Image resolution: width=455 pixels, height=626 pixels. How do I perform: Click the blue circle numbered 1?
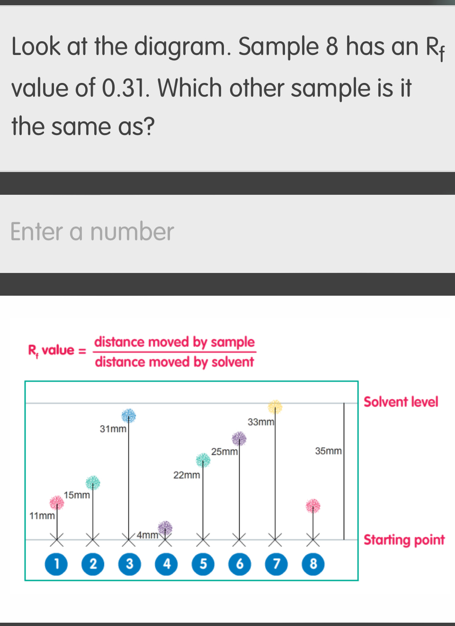click(x=56, y=564)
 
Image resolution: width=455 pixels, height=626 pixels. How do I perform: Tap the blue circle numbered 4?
click(x=166, y=564)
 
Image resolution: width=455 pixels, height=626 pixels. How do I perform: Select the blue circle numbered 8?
click(x=313, y=564)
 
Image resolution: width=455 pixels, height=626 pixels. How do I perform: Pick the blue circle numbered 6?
click(x=240, y=564)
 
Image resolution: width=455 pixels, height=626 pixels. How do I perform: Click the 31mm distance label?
click(x=113, y=429)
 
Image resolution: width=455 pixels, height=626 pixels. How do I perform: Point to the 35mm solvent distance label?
click(x=328, y=451)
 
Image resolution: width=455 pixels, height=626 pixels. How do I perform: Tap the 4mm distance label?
click(x=148, y=535)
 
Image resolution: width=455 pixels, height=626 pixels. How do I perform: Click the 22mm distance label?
click(x=187, y=475)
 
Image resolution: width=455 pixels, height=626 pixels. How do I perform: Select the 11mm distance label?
click(x=42, y=516)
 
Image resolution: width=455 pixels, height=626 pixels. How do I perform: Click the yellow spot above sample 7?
click(x=275, y=407)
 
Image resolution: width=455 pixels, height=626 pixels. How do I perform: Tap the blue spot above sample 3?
click(x=128, y=416)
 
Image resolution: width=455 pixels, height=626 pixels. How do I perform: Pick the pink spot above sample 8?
click(x=313, y=506)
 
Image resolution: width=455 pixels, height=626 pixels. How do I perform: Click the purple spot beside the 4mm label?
click(x=165, y=527)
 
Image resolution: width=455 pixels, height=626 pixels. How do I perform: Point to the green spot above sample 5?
click(x=203, y=460)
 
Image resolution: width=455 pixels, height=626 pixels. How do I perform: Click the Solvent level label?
click(x=401, y=402)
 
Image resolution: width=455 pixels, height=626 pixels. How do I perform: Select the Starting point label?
click(x=404, y=540)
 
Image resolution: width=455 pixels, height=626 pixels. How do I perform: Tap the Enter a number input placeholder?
click(x=92, y=232)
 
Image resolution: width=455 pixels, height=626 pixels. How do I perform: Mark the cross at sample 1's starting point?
click(x=57, y=539)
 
